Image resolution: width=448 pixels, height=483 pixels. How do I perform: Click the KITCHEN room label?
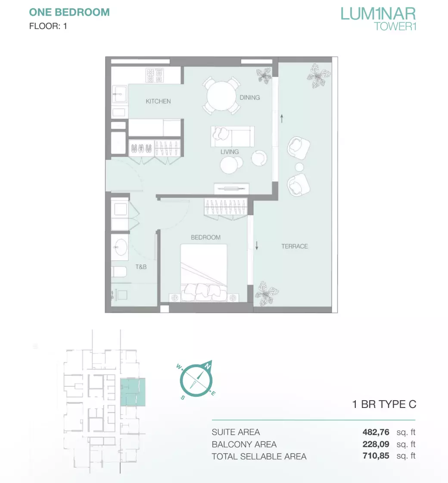tap(158, 101)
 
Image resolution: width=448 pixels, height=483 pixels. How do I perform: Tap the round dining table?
tap(221, 96)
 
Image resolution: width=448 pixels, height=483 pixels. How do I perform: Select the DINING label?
tap(250, 97)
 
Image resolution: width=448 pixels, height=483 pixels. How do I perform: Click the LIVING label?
tap(230, 151)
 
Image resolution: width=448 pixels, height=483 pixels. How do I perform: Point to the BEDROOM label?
tap(205, 238)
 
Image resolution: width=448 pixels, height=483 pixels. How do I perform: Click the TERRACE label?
tap(295, 246)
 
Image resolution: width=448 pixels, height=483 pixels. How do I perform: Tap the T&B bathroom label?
tap(141, 267)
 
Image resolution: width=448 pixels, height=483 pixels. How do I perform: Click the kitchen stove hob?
tap(155, 75)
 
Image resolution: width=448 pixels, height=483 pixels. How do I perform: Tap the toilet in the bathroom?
tap(119, 272)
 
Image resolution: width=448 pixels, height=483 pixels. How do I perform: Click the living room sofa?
tap(233, 136)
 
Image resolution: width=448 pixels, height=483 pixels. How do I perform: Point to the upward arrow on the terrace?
tap(282, 119)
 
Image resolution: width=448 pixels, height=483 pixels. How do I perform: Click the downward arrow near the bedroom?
tap(257, 245)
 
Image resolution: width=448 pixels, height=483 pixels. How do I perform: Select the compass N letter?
tap(207, 366)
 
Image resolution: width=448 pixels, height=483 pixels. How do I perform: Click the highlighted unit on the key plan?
tap(133, 392)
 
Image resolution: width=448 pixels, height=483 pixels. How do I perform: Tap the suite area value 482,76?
tap(376, 432)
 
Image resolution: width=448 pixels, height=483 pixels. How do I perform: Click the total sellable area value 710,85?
tap(376, 456)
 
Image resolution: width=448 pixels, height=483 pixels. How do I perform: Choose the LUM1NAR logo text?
tap(378, 14)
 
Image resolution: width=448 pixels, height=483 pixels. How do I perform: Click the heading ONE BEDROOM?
tap(69, 13)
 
